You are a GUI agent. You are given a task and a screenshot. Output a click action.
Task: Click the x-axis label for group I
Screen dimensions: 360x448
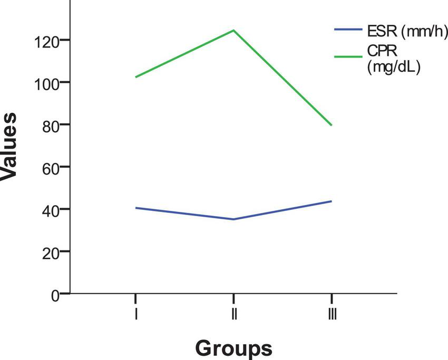point(137,314)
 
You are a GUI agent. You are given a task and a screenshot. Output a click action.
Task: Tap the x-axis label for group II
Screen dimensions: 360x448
point(233,314)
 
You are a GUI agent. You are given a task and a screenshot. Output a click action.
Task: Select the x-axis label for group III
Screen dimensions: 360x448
point(332,314)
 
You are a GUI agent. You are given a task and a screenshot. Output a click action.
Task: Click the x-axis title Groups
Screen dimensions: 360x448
point(233,348)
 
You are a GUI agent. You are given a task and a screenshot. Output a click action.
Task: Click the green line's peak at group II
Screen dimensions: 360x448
point(233,30)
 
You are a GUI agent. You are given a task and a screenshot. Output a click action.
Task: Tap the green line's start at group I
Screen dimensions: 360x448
point(136,77)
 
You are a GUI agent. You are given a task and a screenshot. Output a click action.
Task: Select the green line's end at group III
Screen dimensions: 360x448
point(332,125)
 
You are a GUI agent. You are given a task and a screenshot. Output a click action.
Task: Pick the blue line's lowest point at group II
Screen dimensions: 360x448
point(233,219)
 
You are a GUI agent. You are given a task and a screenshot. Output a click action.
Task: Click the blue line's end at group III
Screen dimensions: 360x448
point(332,201)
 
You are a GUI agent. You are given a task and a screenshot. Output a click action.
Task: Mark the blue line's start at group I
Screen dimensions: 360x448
point(136,208)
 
